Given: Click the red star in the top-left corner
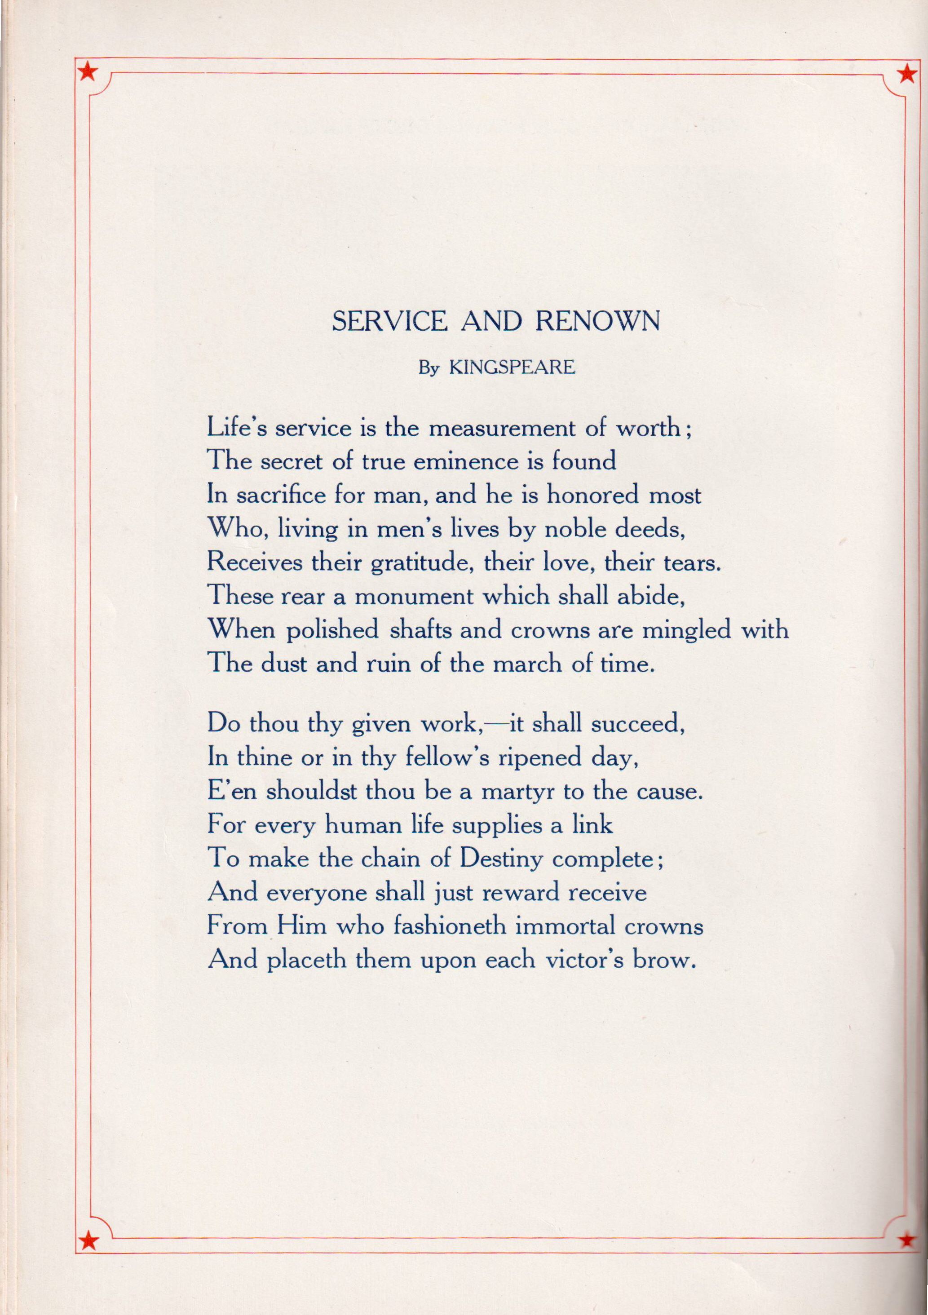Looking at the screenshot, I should pos(88,72).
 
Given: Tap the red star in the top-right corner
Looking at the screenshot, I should pos(906,73).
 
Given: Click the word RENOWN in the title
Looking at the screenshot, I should pos(598,321).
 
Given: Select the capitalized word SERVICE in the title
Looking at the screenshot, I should pos(389,321).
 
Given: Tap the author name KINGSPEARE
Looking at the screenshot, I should pos(512,367).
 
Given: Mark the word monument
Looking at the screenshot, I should pos(414,597).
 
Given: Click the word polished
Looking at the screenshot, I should pos(332,631).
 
